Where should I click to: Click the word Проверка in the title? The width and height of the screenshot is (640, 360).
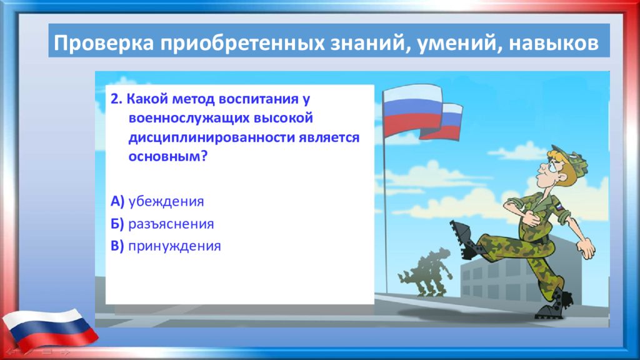click(x=104, y=43)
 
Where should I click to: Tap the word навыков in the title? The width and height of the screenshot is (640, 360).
click(x=554, y=43)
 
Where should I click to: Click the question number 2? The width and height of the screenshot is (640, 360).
click(x=116, y=99)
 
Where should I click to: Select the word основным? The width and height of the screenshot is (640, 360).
click(x=168, y=156)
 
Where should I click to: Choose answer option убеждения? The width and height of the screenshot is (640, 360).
click(x=166, y=201)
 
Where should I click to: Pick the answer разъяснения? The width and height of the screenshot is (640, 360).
click(x=171, y=224)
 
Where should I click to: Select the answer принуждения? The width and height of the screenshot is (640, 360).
click(x=175, y=246)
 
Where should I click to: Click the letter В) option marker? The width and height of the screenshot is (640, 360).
click(x=117, y=246)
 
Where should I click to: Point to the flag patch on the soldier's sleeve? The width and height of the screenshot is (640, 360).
click(x=558, y=206)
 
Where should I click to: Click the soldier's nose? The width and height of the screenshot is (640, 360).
click(x=543, y=167)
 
